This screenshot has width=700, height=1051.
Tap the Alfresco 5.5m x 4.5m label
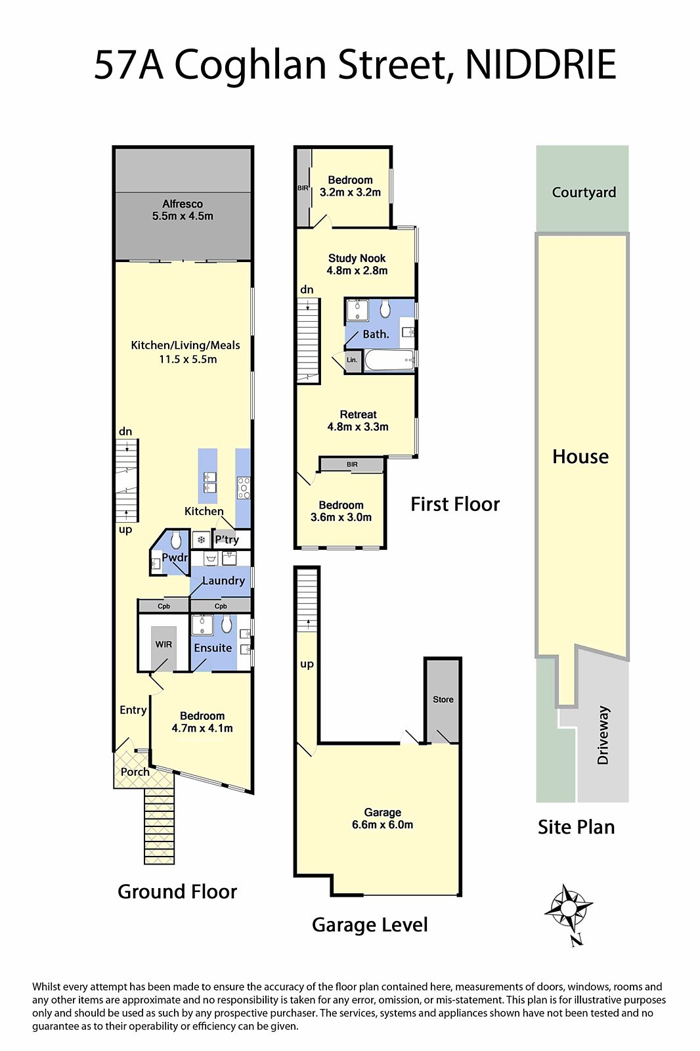click(x=183, y=210)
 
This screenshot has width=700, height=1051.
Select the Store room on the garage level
click(x=443, y=700)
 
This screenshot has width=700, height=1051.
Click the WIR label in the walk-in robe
click(x=164, y=644)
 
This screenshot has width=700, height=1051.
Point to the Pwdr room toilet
click(x=176, y=540)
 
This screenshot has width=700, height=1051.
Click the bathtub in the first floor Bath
click(x=389, y=361)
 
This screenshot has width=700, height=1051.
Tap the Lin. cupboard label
click(x=352, y=360)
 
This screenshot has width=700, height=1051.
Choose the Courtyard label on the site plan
click(x=584, y=192)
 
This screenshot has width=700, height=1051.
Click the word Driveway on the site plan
click(x=603, y=735)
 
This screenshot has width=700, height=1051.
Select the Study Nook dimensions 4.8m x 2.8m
click(x=357, y=270)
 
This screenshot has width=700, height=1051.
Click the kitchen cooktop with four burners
click(x=244, y=487)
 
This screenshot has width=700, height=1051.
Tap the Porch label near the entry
click(x=135, y=772)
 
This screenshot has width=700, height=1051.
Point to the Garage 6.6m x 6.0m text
click(x=382, y=818)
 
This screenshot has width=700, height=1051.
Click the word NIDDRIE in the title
click(x=540, y=65)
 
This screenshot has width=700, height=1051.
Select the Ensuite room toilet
click(x=227, y=625)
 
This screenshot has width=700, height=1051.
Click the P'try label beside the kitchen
click(x=227, y=540)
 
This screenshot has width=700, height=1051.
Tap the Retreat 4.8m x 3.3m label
click(x=358, y=420)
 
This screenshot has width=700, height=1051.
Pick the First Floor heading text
click(x=455, y=504)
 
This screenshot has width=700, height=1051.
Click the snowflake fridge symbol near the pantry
click(x=201, y=540)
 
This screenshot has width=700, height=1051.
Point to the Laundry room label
click(x=223, y=581)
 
